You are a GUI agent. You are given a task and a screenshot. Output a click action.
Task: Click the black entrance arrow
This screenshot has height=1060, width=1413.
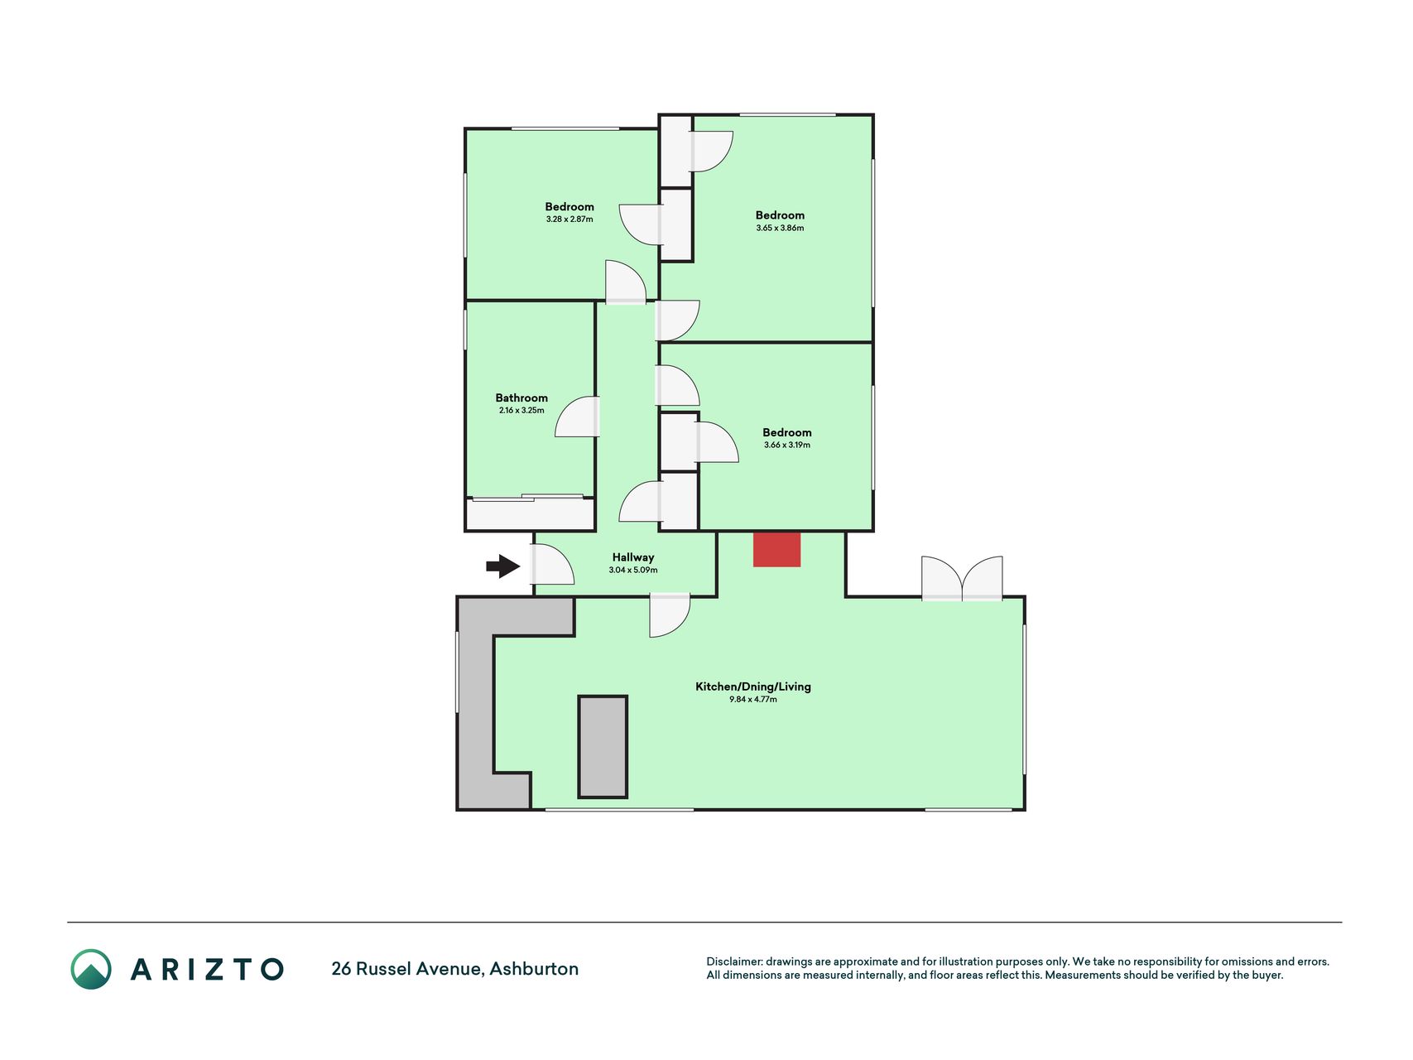(x=502, y=566)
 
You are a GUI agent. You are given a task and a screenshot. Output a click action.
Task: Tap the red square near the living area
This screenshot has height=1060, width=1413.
(x=776, y=550)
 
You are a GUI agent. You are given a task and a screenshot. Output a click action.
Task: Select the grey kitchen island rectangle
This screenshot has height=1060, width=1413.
(x=603, y=747)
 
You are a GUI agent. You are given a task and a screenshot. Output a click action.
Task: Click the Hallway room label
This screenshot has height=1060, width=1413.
(x=633, y=557)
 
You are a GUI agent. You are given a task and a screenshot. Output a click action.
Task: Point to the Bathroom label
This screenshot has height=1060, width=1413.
(x=521, y=397)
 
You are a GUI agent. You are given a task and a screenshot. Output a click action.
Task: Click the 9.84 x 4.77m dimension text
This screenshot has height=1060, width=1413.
(x=753, y=700)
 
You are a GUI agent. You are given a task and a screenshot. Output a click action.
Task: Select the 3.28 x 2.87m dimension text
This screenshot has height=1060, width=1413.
(x=570, y=219)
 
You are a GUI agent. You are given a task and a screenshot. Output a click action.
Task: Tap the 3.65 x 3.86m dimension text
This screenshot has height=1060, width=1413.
(x=780, y=228)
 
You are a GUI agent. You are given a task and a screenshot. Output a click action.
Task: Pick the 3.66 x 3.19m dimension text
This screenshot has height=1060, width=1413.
(x=787, y=445)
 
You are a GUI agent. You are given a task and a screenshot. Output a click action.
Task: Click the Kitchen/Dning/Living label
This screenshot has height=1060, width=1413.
(x=753, y=687)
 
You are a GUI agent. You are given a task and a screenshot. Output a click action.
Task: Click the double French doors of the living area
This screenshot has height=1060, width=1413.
(x=962, y=579)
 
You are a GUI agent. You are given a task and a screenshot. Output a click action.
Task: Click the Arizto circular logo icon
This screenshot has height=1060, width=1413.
(x=91, y=969)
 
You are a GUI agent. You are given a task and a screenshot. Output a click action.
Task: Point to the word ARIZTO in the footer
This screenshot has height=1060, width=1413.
(x=207, y=969)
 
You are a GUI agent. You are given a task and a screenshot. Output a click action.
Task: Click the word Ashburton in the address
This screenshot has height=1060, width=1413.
(x=534, y=969)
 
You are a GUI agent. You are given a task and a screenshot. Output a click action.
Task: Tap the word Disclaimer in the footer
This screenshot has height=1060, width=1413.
(x=734, y=961)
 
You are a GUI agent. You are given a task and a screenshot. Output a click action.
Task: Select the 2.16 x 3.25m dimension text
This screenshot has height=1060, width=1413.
(x=521, y=411)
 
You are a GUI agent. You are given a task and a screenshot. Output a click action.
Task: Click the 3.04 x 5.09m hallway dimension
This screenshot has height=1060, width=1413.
(x=633, y=571)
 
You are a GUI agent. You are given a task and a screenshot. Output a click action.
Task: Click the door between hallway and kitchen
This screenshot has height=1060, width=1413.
(x=670, y=614)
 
